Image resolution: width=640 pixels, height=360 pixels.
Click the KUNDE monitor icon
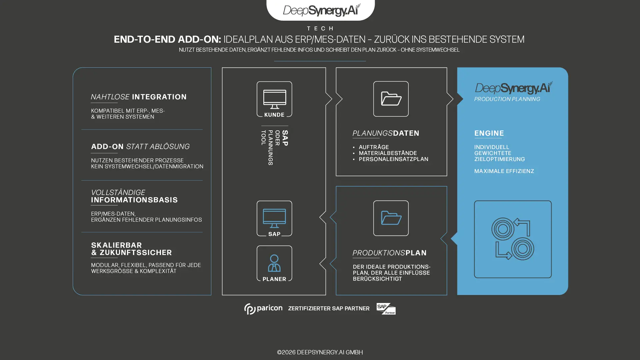click(274, 99)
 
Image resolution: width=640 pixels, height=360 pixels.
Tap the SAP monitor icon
click(274, 218)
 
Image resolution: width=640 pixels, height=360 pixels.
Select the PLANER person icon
click(274, 263)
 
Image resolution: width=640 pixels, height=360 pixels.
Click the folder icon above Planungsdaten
click(391, 99)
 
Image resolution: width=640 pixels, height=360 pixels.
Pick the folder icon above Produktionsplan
click(391, 218)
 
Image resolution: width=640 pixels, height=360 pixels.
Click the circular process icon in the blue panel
click(513, 239)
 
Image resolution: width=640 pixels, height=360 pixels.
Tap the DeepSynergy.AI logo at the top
click(321, 10)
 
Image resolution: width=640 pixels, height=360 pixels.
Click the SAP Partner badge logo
click(386, 309)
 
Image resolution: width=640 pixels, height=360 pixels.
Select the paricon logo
click(263, 309)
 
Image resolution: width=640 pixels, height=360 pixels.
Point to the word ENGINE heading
click(489, 133)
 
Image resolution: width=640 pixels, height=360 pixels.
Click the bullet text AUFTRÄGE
click(374, 147)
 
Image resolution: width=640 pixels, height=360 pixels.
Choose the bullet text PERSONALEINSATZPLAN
click(393, 159)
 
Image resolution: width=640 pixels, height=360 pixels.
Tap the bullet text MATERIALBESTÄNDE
click(388, 153)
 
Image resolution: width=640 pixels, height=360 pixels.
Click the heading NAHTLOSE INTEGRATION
click(139, 97)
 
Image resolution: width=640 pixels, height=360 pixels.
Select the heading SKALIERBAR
click(116, 245)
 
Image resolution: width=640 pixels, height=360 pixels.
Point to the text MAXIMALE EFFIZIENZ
click(504, 171)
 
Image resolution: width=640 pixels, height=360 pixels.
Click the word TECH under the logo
click(320, 28)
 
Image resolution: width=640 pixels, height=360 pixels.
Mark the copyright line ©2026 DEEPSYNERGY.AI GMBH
click(320, 352)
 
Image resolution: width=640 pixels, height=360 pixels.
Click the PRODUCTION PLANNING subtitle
click(507, 99)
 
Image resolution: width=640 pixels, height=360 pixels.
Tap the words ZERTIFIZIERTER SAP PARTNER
click(329, 309)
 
